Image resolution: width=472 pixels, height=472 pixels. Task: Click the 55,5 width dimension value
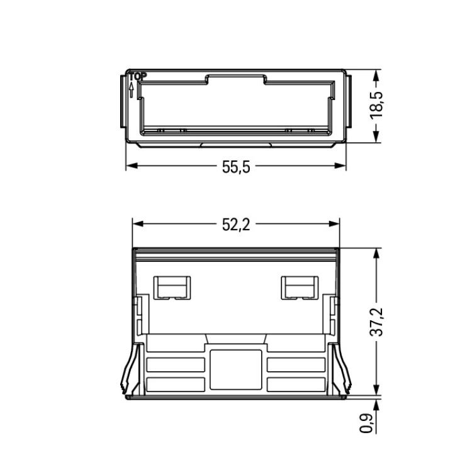(236, 167)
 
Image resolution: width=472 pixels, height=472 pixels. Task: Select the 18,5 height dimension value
(376, 105)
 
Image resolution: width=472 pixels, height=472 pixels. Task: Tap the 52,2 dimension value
(236, 225)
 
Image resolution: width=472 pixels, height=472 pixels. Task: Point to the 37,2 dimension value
(376, 322)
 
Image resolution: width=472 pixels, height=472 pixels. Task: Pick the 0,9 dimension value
(367, 424)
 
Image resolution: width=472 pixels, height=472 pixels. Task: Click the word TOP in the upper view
(138, 76)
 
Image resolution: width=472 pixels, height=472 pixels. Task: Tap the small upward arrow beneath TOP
(132, 90)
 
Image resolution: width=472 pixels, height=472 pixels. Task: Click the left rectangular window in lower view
(172, 288)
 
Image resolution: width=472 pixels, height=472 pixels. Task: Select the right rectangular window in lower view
(300, 288)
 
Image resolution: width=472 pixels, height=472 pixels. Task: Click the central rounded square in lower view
(236, 369)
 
